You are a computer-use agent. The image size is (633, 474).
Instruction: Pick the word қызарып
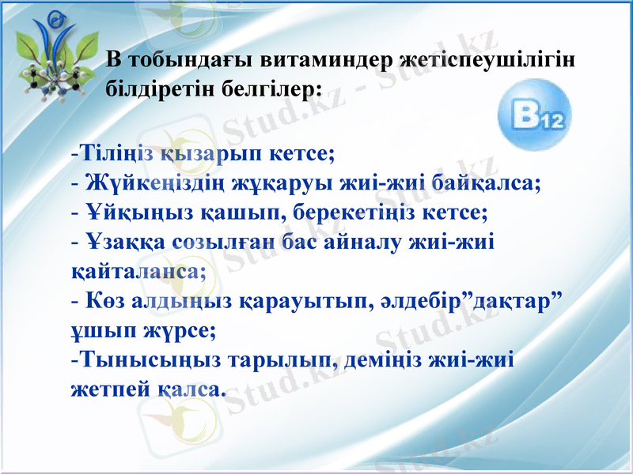pyautogui.click(x=212, y=152)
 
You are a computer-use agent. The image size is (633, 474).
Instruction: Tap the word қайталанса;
pyautogui.click(x=135, y=271)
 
